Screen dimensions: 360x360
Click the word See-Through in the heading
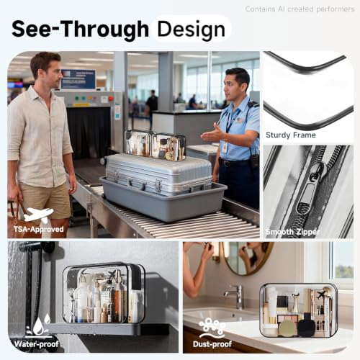coord(80,29)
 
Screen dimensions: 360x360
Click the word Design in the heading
coord(192,30)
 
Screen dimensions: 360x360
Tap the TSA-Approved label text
coord(39,229)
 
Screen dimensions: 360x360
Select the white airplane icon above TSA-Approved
coord(38,215)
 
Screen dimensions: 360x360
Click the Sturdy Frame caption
coord(291,135)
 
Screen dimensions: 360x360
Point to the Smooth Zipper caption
coord(292,232)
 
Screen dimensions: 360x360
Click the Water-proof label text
coord(36,344)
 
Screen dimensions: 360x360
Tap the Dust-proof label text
coord(212,344)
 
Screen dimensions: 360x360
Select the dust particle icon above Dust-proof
coord(212,328)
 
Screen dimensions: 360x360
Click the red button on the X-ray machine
coord(111,98)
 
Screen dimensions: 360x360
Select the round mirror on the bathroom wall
coord(247,258)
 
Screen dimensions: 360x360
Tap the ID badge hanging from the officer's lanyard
coord(225,147)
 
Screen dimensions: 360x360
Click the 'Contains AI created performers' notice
coord(300,9)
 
